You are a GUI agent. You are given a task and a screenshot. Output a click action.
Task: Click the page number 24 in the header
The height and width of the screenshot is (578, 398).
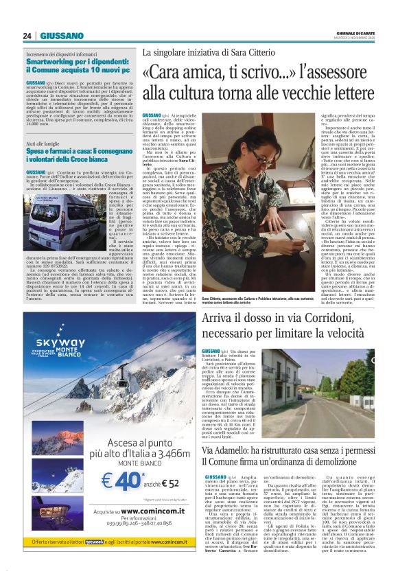click(x=27, y=36)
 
